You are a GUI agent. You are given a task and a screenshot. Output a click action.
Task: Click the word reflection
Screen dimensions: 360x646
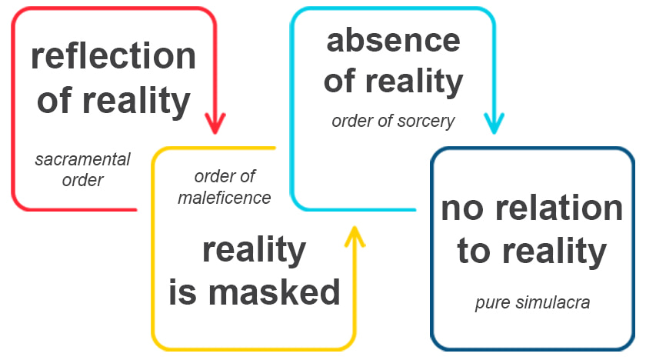tap(113, 57)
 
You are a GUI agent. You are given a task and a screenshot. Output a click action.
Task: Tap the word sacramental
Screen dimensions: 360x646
tap(83, 160)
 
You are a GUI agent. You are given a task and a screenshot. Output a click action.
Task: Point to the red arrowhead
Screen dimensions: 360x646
tap(216, 122)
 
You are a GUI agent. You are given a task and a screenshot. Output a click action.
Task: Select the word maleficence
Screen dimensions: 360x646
tap(225, 198)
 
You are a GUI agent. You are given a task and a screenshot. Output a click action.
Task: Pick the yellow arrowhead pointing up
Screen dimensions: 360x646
tap(354, 236)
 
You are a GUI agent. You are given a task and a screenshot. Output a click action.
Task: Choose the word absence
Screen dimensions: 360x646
tap(393, 39)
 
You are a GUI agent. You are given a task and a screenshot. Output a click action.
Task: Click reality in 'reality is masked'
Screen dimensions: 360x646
tap(254, 249)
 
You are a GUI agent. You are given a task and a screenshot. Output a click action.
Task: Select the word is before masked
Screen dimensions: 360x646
tap(184, 292)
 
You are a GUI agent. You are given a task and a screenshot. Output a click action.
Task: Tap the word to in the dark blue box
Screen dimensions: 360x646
tap(474, 251)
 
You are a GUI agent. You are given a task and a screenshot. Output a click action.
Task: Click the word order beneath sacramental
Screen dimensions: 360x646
tap(83, 181)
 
